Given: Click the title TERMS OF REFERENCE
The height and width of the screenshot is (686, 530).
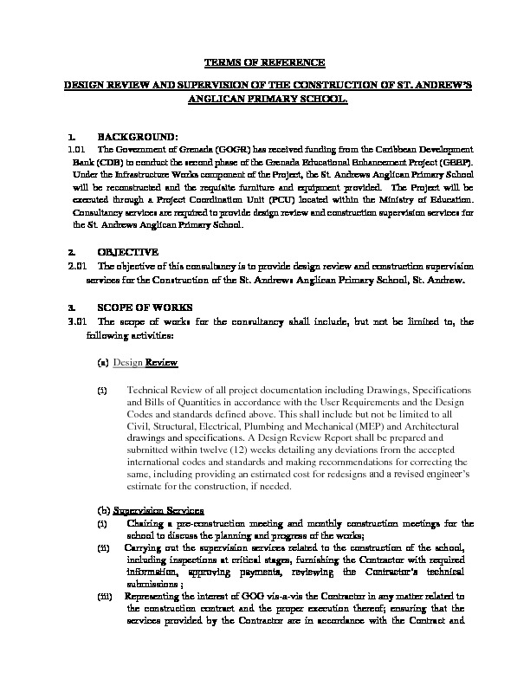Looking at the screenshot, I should click(264, 63).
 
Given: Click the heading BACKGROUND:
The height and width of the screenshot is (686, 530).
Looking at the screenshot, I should click(138, 137).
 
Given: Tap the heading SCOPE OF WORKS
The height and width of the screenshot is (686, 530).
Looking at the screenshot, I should click(141, 307).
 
